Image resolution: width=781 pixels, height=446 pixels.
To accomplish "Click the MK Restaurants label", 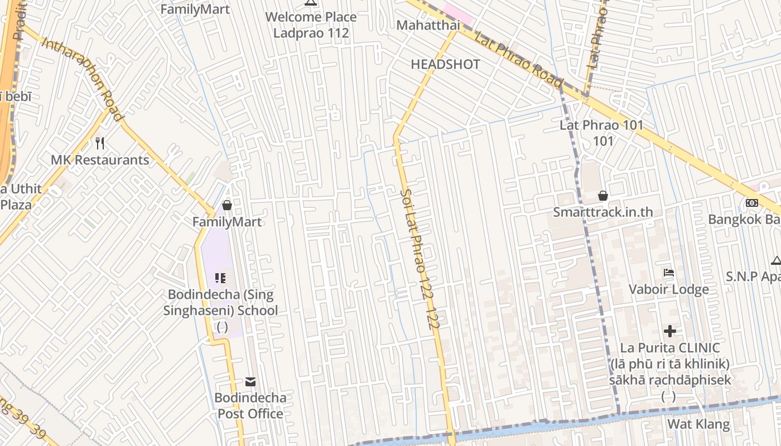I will click(100, 160).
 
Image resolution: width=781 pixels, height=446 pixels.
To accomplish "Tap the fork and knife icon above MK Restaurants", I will click(100, 143).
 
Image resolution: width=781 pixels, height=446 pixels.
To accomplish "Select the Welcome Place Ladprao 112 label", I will click(311, 25).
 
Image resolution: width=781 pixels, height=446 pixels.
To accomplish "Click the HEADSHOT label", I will click(445, 64).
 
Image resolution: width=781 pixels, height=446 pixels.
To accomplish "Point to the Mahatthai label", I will click(428, 25).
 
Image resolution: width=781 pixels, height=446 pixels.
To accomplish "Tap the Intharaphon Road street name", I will click(81, 79).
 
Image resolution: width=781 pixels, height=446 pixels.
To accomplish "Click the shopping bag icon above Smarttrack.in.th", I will click(602, 196).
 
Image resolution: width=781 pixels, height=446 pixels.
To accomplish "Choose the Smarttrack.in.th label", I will click(602, 212).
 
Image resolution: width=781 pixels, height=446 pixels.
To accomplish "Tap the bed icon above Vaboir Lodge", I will click(669, 273).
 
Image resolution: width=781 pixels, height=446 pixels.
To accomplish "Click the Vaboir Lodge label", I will click(669, 289).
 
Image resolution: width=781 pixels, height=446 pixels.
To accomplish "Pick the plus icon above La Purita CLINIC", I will click(669, 331).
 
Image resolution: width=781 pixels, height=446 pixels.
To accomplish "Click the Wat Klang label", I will click(698, 424).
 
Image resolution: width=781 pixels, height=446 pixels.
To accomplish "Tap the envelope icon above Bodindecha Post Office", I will click(250, 382).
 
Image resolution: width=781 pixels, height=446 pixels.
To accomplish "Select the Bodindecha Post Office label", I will click(250, 405).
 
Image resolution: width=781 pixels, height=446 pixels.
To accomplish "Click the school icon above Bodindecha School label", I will click(220, 278).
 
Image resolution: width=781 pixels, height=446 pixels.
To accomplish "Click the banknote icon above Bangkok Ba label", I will click(752, 203).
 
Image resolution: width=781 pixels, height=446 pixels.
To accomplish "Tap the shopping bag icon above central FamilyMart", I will click(226, 206).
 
